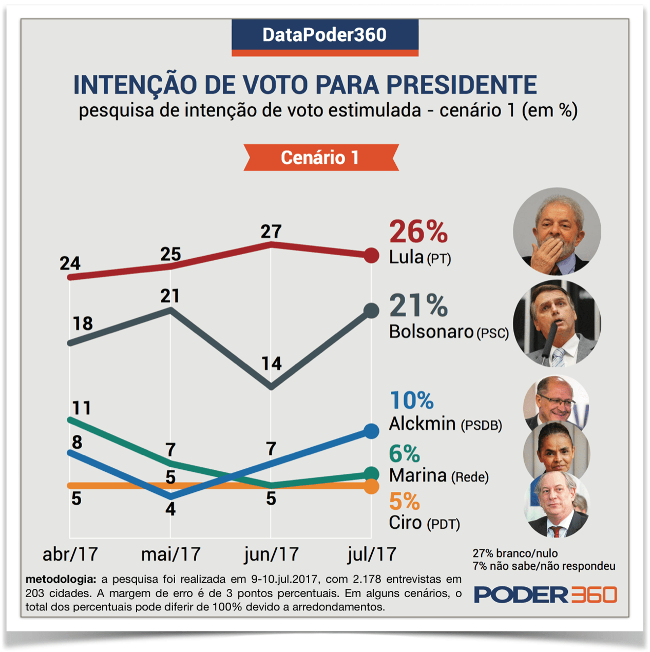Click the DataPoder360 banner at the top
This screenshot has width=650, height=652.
[x=324, y=35]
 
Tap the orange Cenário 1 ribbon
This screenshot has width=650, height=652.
[x=320, y=158]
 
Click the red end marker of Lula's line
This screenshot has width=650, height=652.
[x=371, y=255]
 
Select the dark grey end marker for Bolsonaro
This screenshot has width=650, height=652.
[x=371, y=310]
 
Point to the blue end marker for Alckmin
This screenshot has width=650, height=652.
[x=371, y=431]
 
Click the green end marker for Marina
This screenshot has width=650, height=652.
[x=371, y=474]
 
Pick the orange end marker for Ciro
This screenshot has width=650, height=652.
[x=371, y=486]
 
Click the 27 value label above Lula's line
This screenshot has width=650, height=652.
[x=271, y=232]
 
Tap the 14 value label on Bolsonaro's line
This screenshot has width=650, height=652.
[x=272, y=363]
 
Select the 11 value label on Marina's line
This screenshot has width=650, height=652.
[x=81, y=408]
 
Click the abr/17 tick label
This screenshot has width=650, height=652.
[x=70, y=554]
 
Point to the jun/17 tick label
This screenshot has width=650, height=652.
[x=271, y=554]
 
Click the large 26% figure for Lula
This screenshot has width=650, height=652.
[x=418, y=232]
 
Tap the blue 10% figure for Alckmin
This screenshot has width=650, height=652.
[x=412, y=400]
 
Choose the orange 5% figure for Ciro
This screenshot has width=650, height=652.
[x=404, y=502]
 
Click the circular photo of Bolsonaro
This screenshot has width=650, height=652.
[x=557, y=323]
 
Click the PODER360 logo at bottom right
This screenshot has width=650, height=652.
[x=545, y=595]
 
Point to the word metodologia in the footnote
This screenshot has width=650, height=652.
[x=61, y=579]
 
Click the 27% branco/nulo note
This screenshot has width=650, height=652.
[x=515, y=553]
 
